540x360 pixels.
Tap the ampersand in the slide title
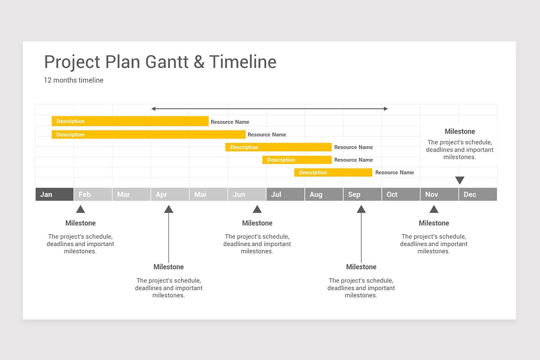click(199, 62)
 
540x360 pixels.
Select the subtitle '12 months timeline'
click(73, 80)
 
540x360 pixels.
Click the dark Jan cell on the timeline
click(54, 194)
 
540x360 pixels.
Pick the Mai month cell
click(208, 194)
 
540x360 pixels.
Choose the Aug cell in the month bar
click(324, 194)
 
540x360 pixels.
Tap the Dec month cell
click(477, 194)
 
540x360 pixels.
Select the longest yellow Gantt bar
click(148, 135)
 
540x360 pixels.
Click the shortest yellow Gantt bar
click(297, 160)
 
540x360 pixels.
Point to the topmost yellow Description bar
click(130, 121)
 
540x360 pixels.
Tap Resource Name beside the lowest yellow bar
click(394, 172)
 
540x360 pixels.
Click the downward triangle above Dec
click(459, 180)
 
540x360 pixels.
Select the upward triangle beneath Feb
click(81, 209)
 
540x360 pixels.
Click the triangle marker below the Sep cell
click(361, 209)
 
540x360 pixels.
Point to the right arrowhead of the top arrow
click(385, 108)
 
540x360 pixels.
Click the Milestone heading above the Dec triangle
click(459, 131)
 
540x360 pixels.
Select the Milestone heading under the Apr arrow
click(169, 267)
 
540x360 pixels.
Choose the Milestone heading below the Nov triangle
click(434, 223)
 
